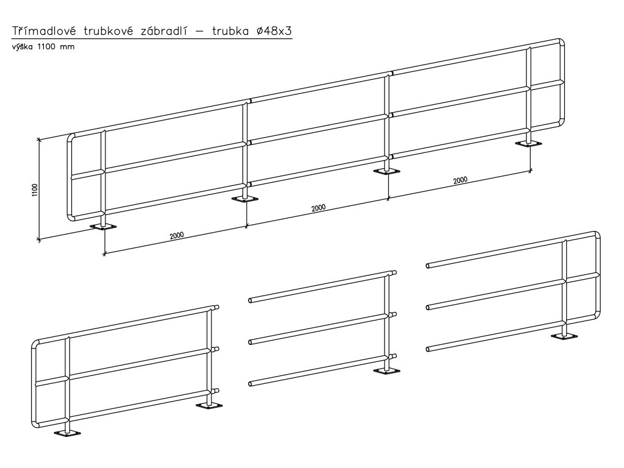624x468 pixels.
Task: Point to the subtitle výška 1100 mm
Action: pos(43,46)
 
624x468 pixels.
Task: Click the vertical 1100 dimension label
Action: pos(35,191)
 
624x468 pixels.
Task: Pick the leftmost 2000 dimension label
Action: pos(177,235)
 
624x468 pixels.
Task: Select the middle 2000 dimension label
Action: pos(317,207)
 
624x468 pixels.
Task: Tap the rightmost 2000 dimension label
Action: pos(461,180)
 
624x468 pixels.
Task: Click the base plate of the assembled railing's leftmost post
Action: pos(103,227)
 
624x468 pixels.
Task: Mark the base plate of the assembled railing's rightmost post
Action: pos(528,144)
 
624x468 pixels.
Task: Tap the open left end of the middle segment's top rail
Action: pos(251,300)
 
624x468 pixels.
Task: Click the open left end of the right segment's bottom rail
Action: pos(428,349)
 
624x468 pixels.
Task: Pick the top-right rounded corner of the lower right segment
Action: pos(597,235)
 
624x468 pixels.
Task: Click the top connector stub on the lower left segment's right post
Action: pos(216,308)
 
